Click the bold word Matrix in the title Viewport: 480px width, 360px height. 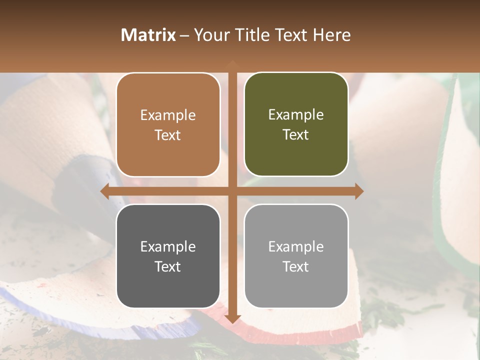(x=148, y=35)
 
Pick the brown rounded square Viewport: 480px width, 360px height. (x=168, y=125)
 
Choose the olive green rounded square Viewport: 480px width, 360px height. (x=296, y=124)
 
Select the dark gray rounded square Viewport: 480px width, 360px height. (x=168, y=256)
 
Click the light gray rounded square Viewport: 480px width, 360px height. (x=296, y=256)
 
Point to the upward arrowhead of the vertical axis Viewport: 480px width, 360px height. (x=232, y=64)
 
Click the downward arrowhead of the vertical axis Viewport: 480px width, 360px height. (x=232, y=318)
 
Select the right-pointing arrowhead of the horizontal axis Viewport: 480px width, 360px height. (x=358, y=191)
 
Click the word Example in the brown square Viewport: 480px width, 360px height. (x=168, y=115)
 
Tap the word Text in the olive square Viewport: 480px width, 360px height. (x=296, y=135)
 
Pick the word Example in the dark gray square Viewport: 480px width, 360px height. (x=168, y=246)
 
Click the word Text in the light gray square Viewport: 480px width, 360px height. (x=296, y=266)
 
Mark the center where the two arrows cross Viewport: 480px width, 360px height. (x=232, y=191)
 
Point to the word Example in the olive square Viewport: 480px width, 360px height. (x=296, y=115)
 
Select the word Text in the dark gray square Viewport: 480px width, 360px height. (x=168, y=266)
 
